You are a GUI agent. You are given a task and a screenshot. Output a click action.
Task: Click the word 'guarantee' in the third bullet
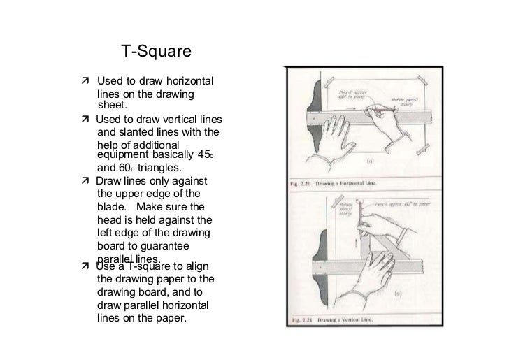click(x=169, y=245)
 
